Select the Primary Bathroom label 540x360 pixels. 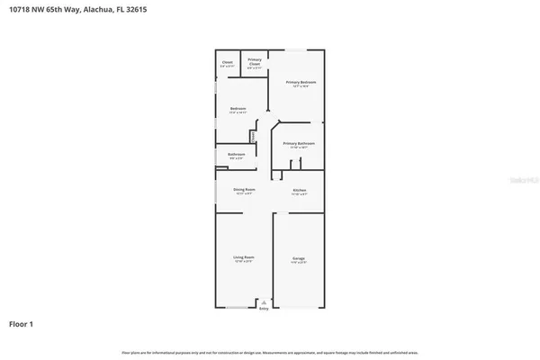(x=298, y=143)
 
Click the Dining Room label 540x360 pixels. (x=244, y=189)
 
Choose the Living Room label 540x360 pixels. (x=244, y=257)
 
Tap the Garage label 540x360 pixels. (x=298, y=258)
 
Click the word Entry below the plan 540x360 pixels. (x=264, y=310)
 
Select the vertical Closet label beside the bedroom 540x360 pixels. (x=253, y=136)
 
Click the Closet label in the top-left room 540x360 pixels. (x=228, y=62)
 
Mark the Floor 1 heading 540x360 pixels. (x=22, y=323)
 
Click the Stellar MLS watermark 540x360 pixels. (x=519, y=180)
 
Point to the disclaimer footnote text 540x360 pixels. (x=269, y=353)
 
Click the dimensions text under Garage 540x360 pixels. (x=298, y=263)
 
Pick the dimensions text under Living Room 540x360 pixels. (x=244, y=262)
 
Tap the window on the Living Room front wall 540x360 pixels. (x=239, y=308)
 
